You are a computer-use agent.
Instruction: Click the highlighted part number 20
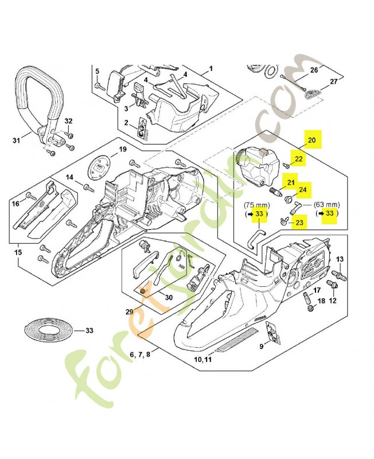click(312, 140)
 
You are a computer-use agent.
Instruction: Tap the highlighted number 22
click(299, 159)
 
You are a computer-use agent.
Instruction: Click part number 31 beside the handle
click(16, 139)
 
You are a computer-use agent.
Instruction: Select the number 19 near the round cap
click(122, 150)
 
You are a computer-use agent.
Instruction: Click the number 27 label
click(333, 81)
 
